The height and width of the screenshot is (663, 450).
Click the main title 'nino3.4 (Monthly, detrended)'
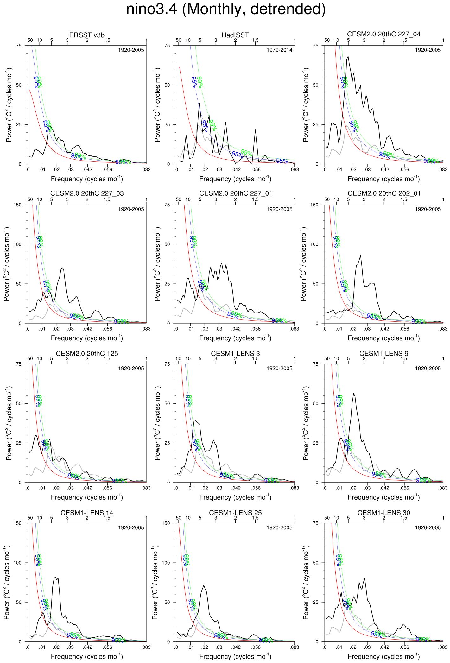pos(226,9)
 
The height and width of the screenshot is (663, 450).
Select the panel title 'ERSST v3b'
pos(87,35)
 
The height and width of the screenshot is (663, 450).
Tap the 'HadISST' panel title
pos(235,35)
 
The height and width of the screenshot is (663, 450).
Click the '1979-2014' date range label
pos(279,50)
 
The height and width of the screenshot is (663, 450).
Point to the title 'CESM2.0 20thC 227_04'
pos(383,34)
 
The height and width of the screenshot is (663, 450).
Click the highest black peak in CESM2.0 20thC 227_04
pos(348,57)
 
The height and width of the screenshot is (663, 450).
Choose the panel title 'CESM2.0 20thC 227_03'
pos(87,193)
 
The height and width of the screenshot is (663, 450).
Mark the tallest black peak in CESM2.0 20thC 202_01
pos(360,256)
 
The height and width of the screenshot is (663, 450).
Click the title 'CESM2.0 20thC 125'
pos(87,354)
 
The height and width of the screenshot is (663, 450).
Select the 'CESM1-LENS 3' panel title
pos(235,354)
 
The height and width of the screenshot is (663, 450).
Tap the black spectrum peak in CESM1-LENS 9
pos(353,393)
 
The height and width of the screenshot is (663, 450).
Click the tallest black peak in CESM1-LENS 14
pos(55,577)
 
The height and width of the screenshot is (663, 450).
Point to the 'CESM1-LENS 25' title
pos(235,513)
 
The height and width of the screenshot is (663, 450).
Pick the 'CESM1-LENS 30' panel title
pos(383,513)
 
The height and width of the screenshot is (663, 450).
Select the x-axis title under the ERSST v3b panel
pos(87,179)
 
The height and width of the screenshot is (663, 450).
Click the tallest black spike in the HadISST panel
pos(199,103)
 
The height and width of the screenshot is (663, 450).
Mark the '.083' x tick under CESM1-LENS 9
pos(443,488)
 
